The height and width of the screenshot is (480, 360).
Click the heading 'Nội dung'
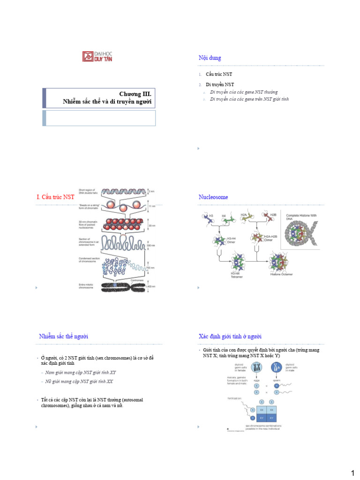click(210, 58)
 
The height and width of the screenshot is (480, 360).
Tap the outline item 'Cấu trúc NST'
click(219, 75)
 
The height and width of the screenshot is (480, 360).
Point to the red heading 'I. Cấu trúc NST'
click(55, 197)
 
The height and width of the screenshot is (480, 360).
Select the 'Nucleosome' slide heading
click(213, 197)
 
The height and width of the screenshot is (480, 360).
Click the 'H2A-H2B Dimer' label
click(271, 238)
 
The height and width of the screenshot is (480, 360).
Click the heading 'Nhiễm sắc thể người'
click(63, 336)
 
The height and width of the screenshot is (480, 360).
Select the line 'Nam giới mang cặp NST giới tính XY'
click(81, 372)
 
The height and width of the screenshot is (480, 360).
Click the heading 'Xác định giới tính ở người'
click(230, 336)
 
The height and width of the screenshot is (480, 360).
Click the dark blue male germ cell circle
click(277, 367)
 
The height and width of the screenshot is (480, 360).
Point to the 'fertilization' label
click(234, 398)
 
